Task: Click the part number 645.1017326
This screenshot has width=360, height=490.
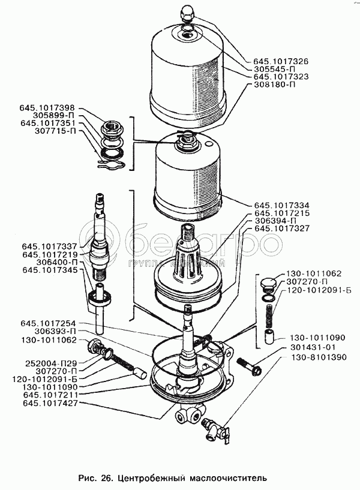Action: [281, 61]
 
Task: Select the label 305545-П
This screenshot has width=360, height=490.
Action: [275, 69]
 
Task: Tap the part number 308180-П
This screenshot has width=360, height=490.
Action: [275, 85]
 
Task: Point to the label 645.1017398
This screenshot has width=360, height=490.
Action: [47, 107]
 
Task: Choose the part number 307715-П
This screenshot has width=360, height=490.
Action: [54, 131]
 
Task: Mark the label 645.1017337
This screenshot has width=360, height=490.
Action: [49, 247]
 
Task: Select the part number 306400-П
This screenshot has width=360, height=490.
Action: [56, 262]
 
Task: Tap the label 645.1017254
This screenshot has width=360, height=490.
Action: [49, 323]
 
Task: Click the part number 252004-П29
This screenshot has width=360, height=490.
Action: [52, 363]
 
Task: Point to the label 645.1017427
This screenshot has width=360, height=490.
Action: [50, 403]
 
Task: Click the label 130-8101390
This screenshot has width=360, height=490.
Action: [319, 357]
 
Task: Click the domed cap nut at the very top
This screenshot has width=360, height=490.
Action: [186, 15]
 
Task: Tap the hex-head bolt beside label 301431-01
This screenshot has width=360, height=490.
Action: [249, 366]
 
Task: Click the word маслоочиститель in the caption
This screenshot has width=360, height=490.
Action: [227, 477]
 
